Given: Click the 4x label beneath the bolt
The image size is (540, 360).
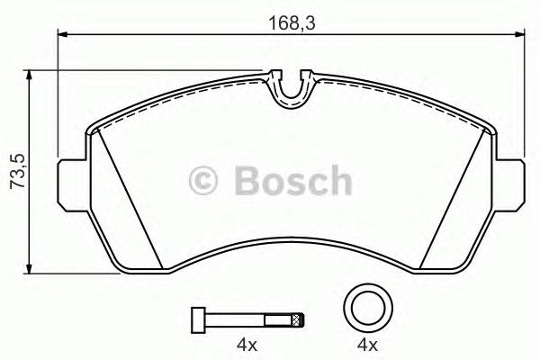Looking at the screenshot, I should [247, 346].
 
